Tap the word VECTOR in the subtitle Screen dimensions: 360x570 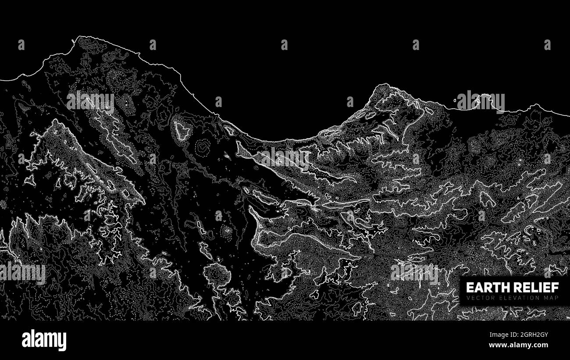tap(477, 298)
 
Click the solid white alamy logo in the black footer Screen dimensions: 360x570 tap(44, 340)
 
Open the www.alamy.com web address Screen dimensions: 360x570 tap(518, 345)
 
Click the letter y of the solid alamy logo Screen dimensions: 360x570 tap(63, 342)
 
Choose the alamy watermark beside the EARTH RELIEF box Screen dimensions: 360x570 tap(414, 272)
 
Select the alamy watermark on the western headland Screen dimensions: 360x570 tap(90, 101)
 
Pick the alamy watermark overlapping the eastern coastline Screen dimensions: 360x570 tap(481, 102)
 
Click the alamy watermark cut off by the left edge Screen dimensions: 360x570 tap(22, 272)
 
